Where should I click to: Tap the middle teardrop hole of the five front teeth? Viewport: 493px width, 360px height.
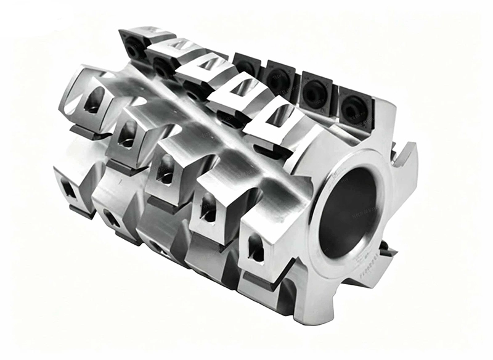[x=165, y=169]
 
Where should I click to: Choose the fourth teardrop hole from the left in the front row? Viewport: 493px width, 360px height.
[x=208, y=207]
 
